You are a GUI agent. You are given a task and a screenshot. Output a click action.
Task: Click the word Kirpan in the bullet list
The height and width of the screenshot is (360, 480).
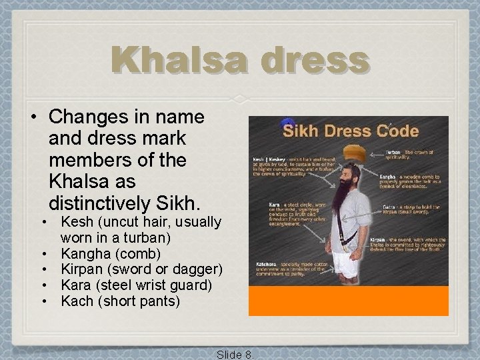coord(82,269)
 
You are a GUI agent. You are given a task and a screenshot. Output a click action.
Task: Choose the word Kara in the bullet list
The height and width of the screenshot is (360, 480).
coord(75,285)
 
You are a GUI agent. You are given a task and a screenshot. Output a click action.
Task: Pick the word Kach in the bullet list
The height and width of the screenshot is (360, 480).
coord(75,301)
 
